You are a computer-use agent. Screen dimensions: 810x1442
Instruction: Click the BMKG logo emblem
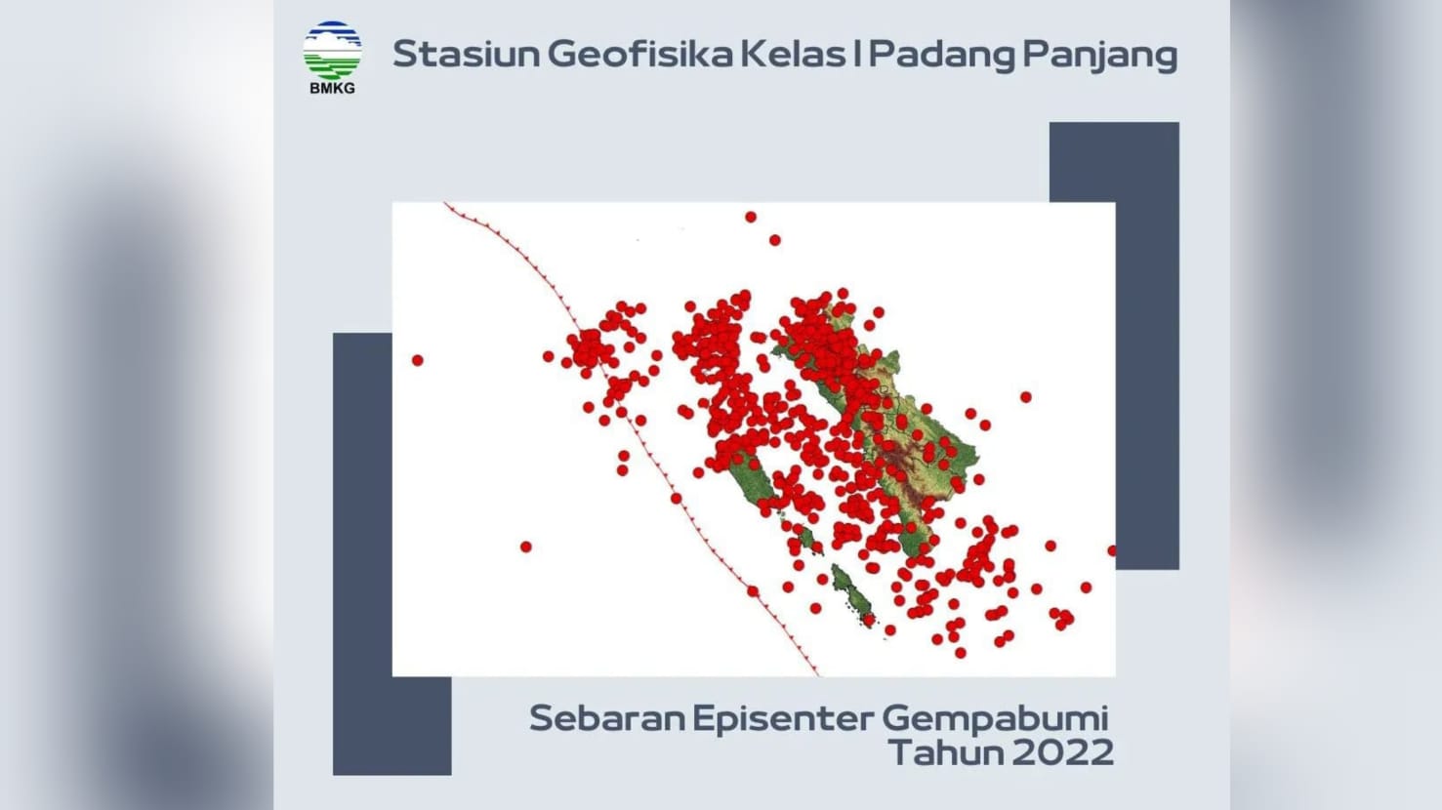pos(332,50)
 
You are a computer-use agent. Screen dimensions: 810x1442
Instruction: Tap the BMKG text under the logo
pos(332,88)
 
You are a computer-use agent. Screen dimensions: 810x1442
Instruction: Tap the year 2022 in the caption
pos(1063,753)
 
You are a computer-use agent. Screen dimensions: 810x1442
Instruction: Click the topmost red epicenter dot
pos(750,217)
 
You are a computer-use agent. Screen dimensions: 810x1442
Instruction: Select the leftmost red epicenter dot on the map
pos(417,360)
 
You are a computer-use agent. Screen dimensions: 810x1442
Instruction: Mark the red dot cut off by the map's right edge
pos(1112,550)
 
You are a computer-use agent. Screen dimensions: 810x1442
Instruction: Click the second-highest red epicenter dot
pos(774,240)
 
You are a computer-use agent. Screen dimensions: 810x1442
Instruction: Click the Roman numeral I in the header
pos(856,54)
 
